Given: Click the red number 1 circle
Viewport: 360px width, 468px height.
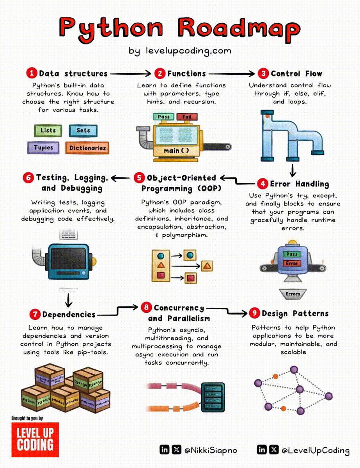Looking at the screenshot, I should point(32,73).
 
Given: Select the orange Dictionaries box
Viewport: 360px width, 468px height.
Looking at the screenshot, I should point(88,148).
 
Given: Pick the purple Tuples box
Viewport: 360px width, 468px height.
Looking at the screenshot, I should point(43,148).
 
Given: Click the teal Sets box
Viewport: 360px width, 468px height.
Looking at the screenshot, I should point(83,131).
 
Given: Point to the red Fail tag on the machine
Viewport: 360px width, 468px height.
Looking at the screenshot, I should point(187,117).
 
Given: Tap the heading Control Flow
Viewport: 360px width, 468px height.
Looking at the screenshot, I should point(296,73).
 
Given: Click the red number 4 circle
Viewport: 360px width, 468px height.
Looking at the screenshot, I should point(263,184).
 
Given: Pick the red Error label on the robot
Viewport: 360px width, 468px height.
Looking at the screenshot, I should point(292,264).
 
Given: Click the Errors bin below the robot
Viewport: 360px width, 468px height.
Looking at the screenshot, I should point(293,294).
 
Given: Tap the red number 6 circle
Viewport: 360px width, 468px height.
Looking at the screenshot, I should point(28,178).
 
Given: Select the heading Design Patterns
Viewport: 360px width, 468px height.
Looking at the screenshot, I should point(295,314).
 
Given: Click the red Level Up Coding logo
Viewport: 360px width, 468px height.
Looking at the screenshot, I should point(35,440).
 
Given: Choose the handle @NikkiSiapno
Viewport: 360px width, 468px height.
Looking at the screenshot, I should point(211,450).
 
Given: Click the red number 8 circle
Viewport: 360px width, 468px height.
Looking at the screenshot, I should point(146,308).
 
